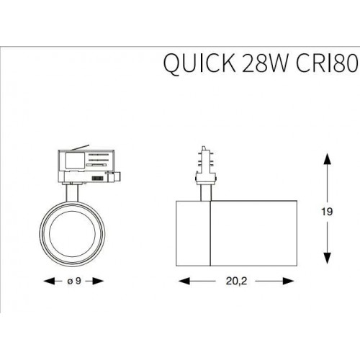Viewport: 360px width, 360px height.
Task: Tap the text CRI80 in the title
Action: [x=324, y=66]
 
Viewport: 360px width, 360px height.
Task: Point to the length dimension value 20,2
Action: [x=227, y=282]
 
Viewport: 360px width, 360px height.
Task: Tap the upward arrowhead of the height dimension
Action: [x=328, y=157]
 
